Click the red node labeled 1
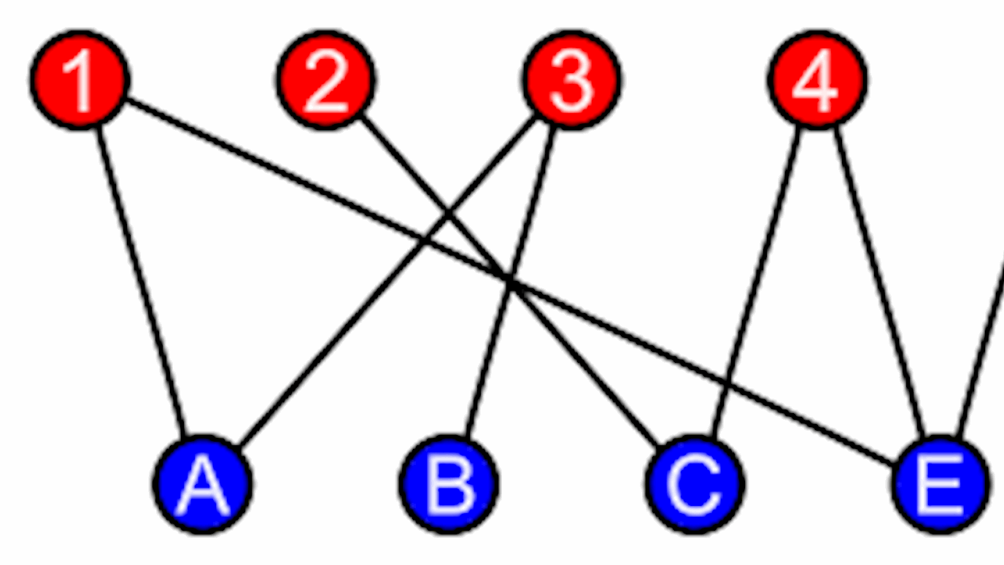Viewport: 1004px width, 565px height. click(x=80, y=80)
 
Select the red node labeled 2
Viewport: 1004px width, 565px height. click(x=325, y=80)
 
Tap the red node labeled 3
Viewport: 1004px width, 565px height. click(x=571, y=80)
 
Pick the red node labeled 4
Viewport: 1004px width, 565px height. click(x=817, y=80)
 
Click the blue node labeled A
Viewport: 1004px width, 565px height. click(x=203, y=484)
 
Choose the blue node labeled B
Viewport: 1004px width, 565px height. click(x=449, y=484)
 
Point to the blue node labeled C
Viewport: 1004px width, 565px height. click(x=694, y=484)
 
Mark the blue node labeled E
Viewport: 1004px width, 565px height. click(x=940, y=484)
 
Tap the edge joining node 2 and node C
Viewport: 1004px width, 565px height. click(x=584, y=358)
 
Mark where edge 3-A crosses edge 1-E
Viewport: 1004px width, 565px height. click(x=423, y=242)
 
